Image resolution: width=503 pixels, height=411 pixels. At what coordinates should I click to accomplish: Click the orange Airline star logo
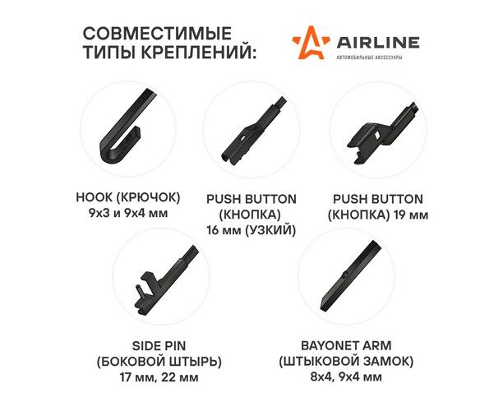(311, 43)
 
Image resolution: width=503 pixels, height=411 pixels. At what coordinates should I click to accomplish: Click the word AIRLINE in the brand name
(377, 43)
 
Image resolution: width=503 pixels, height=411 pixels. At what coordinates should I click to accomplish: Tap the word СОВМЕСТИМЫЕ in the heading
(157, 34)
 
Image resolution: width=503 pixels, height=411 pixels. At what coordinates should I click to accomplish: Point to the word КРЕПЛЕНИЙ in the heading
(199, 52)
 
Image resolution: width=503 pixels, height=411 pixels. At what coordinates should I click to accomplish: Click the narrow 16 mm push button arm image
(253, 132)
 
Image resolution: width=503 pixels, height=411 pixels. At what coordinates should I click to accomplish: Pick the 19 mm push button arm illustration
(382, 132)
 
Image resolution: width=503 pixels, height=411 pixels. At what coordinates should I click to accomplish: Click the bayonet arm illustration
(351, 275)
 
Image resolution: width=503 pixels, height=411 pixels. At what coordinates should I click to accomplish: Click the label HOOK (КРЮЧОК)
(128, 197)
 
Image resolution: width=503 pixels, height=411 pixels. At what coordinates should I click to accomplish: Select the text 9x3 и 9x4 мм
(128, 213)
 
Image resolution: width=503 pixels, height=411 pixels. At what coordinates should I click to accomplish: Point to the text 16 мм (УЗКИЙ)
(251, 230)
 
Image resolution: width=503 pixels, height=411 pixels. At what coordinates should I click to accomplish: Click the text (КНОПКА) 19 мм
(378, 215)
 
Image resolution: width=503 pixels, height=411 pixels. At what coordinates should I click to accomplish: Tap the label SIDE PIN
(159, 346)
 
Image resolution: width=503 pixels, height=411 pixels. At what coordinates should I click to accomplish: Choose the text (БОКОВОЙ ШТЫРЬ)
(159, 362)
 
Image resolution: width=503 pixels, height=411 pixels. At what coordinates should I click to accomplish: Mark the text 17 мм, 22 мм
(159, 377)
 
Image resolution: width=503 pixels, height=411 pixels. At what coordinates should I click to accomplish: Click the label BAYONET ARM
(346, 345)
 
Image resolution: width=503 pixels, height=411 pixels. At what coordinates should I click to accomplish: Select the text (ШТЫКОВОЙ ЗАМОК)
(346, 362)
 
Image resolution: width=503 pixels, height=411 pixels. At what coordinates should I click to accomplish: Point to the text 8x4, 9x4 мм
(346, 376)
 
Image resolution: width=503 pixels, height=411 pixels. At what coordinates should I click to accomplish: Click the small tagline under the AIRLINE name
(369, 58)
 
